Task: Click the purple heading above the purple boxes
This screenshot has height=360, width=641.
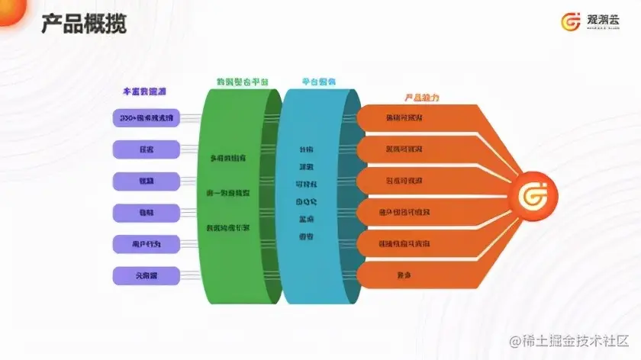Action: pos(144,92)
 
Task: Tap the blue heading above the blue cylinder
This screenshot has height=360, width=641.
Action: pos(319,82)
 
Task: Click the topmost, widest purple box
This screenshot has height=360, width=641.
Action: pos(146,118)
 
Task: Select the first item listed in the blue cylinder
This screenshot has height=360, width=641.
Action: pos(304,149)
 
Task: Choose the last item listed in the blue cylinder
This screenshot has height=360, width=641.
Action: pos(304,236)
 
